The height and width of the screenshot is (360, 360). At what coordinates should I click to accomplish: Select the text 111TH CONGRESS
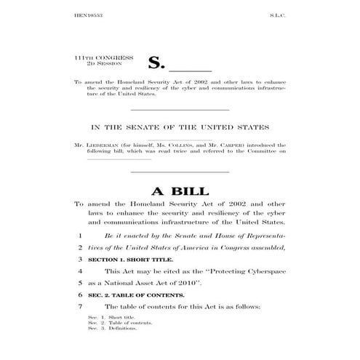pyautogui.click(x=108, y=55)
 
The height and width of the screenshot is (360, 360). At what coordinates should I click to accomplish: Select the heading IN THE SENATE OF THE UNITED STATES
pyautogui.click(x=179, y=128)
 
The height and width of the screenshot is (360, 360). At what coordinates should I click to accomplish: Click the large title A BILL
pyautogui.click(x=179, y=191)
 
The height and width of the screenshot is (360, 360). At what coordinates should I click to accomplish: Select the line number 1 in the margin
pyautogui.click(x=79, y=236)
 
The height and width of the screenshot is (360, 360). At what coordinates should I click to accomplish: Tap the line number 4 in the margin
pyautogui.click(x=79, y=270)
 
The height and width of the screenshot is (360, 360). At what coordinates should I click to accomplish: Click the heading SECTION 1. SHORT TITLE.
pyautogui.click(x=127, y=258)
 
